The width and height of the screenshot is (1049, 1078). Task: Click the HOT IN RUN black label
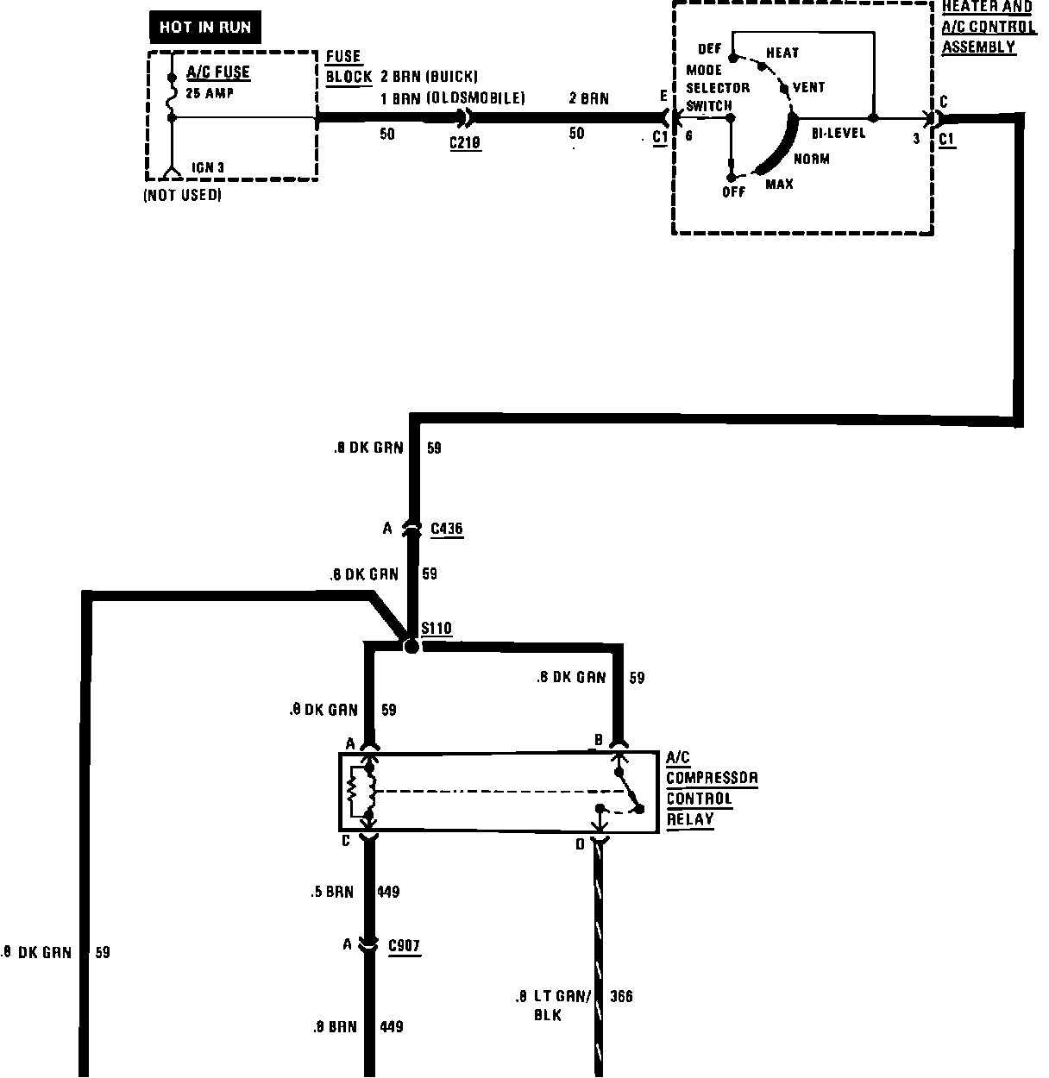(x=204, y=28)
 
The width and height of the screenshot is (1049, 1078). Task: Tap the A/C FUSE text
(x=218, y=73)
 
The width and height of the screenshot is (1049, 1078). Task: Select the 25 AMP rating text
(x=210, y=92)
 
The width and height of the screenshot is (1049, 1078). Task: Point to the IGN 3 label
(x=210, y=167)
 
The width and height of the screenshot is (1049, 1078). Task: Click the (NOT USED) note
(x=182, y=196)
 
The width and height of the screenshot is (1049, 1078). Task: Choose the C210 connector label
(x=465, y=143)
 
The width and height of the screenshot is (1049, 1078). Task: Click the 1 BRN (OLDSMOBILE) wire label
(x=453, y=98)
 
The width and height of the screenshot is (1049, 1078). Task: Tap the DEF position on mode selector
(x=709, y=49)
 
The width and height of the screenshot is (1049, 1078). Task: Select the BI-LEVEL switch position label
(x=838, y=134)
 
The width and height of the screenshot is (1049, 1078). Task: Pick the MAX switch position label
(x=779, y=184)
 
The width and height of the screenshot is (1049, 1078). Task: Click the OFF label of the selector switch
(x=733, y=191)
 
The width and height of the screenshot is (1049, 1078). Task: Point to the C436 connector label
(x=446, y=529)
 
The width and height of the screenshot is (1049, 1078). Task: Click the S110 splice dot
(x=411, y=646)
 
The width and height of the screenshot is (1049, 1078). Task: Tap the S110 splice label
(x=437, y=628)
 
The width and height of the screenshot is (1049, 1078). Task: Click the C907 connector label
(x=404, y=946)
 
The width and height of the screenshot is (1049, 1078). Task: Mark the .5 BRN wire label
(x=332, y=892)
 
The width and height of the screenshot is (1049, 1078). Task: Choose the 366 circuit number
(x=621, y=997)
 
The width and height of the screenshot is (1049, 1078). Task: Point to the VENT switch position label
(x=808, y=87)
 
